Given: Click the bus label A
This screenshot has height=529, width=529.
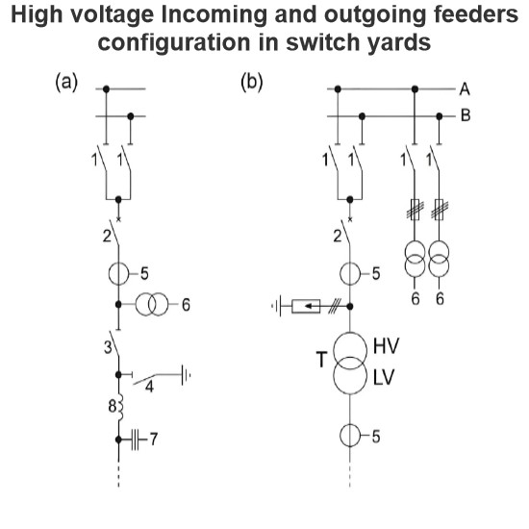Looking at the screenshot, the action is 465,89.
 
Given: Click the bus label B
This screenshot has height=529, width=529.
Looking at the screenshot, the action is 466,115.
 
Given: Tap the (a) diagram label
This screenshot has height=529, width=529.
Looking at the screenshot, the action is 66,82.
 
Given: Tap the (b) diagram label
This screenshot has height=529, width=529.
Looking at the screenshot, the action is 252,82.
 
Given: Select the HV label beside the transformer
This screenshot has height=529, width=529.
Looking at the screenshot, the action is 386,346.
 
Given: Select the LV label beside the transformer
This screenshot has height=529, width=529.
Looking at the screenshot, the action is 384,377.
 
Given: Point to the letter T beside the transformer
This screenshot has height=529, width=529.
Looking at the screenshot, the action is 322,360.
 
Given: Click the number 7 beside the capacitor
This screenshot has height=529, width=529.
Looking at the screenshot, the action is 154,440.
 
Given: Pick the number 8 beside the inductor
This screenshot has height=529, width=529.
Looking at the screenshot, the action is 113,406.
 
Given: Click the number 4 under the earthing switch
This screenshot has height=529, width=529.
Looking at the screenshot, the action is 149,387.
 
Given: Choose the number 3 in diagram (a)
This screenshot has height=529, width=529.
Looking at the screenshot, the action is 108,347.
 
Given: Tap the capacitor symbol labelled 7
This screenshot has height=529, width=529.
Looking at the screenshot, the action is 135,440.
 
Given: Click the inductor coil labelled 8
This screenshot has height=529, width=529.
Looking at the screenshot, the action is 120,407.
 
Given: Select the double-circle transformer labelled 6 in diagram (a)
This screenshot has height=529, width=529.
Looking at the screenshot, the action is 151,304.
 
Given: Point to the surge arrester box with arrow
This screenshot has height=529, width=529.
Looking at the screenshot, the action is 306,306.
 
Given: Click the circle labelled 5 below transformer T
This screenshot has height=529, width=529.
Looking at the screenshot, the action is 350,436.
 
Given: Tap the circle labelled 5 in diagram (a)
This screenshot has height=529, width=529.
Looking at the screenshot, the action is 118,274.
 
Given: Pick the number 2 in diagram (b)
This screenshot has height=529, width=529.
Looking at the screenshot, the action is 338,237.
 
